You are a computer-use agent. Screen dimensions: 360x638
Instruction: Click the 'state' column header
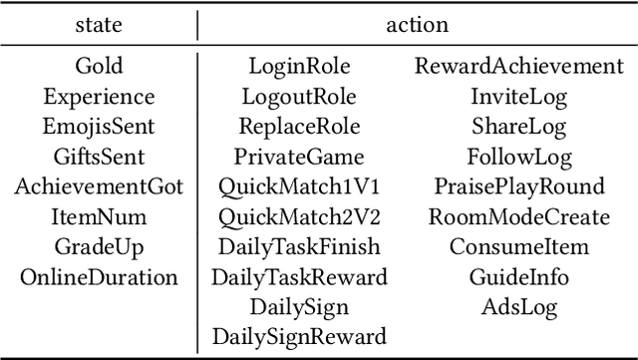coord(99,23)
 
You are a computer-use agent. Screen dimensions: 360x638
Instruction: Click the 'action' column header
coord(417,23)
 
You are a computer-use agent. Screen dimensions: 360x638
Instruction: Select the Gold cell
coord(99,67)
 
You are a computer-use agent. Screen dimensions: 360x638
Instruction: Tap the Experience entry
coord(99,98)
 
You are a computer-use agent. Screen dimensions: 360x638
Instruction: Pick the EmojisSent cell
coord(99,127)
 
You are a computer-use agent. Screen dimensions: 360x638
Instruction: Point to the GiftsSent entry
coord(99,157)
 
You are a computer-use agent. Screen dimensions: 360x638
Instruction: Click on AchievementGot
coord(99,187)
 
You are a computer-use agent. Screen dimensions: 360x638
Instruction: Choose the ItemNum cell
coord(99,216)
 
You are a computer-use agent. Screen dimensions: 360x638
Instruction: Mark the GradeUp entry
coord(99,246)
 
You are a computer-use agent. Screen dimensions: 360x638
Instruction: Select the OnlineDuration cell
coord(99,276)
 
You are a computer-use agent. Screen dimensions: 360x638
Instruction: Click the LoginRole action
coord(299,67)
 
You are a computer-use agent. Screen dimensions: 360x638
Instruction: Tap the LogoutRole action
coord(299,97)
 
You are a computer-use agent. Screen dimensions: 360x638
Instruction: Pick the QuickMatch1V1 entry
coord(299,187)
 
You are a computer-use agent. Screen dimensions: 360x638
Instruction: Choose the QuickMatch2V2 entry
coord(299,217)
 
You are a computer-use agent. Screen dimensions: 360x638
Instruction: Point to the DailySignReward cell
coord(299,336)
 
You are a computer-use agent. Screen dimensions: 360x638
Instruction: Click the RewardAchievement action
coord(518,67)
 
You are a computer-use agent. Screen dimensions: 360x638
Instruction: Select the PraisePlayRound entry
coord(518,187)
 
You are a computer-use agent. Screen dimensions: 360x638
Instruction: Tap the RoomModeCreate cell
coord(518,216)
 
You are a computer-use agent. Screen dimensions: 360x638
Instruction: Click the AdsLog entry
coord(518,307)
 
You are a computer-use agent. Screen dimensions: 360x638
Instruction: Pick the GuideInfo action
coord(518,276)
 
